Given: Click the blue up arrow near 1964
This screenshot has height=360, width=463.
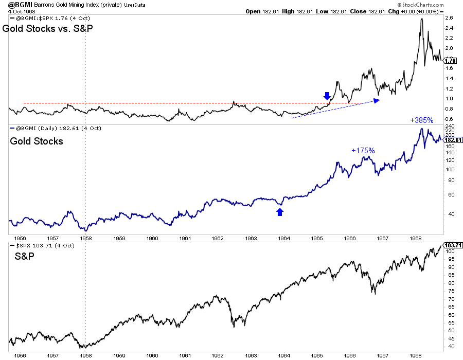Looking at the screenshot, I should coord(280,211).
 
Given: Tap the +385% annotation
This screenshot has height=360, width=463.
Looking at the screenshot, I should coord(421,120).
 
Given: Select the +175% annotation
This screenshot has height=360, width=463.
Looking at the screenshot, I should coord(363,151).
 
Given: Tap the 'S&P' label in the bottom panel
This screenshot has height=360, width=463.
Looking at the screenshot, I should coord(21,255).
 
